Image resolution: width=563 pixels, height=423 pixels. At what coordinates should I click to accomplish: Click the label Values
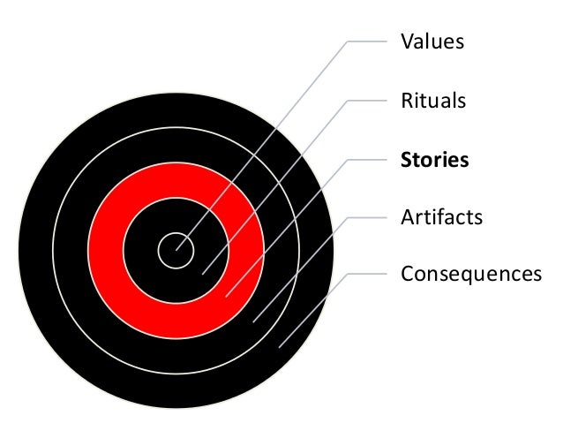click(432, 42)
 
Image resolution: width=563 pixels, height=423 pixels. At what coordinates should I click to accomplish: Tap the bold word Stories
click(434, 160)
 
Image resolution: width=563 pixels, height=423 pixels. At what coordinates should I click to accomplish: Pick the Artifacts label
click(441, 216)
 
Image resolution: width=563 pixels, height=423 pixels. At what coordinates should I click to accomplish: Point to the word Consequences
click(470, 274)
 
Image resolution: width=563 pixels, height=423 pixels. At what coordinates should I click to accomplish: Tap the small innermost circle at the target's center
click(173, 253)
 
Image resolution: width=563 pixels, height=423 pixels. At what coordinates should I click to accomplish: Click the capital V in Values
click(407, 42)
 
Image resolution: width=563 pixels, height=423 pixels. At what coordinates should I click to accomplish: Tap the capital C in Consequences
click(407, 274)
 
